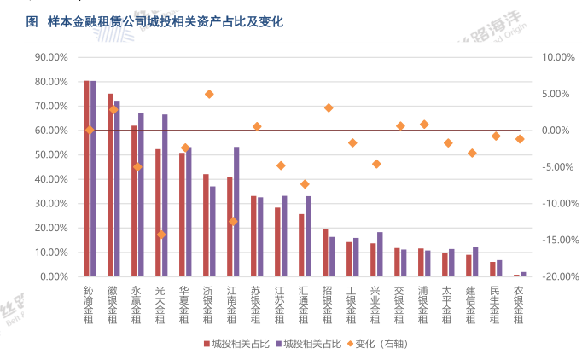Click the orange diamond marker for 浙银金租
click(209, 94)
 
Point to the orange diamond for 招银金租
click(329, 107)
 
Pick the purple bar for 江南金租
click(236, 212)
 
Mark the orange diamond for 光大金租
click(161, 235)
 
